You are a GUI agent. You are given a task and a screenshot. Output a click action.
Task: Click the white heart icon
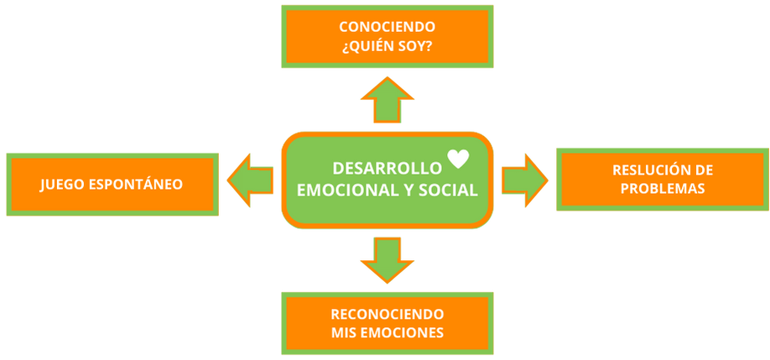457,158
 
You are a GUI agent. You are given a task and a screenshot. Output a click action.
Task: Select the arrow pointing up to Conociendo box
387,100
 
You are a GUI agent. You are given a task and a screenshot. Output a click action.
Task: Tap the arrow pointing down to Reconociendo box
387,259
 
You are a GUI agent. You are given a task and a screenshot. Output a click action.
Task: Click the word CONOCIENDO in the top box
387,26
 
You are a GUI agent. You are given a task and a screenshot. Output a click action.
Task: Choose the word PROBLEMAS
663,189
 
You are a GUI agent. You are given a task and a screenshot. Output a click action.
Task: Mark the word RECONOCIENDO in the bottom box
387,314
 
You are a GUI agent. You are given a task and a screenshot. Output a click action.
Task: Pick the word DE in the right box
704,170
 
